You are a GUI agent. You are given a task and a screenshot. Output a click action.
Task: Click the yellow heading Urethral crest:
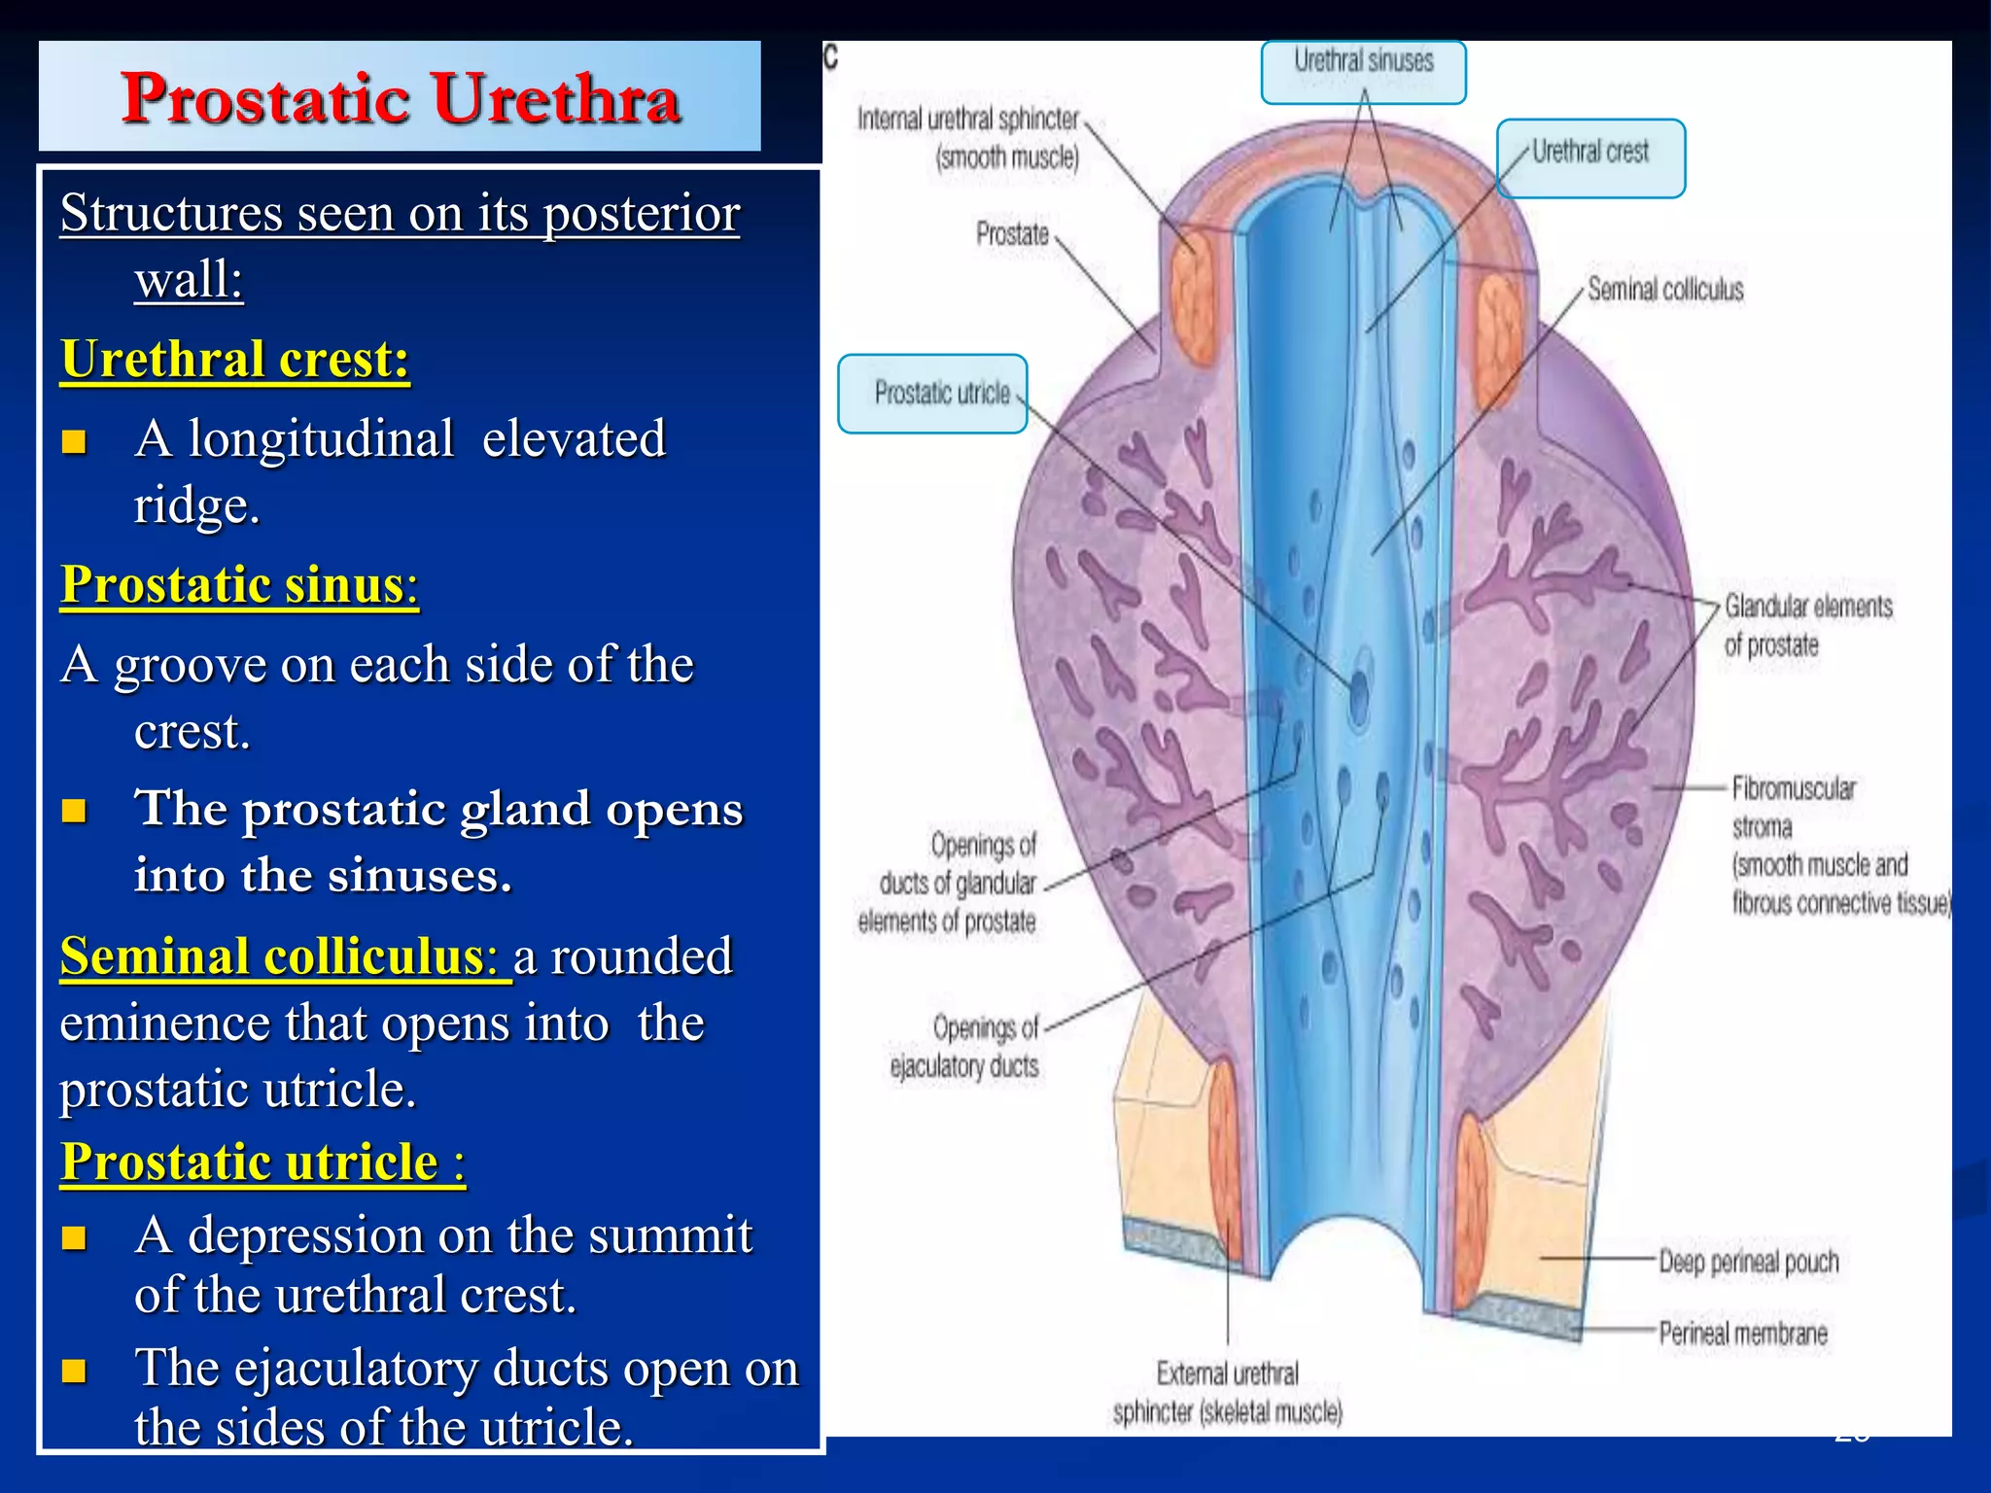(x=234, y=359)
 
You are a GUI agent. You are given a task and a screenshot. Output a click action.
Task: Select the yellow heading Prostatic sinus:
(x=239, y=585)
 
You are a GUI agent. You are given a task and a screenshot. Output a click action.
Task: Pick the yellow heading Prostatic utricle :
(x=262, y=1163)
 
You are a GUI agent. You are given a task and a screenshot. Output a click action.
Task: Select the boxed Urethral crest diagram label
(x=1590, y=156)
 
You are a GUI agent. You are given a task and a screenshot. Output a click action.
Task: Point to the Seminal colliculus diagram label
(x=1665, y=290)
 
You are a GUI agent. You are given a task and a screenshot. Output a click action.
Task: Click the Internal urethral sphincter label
(x=968, y=138)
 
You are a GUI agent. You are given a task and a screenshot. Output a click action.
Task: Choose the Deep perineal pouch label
(x=1748, y=1262)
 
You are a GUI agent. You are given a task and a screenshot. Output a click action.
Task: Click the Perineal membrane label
(x=1742, y=1333)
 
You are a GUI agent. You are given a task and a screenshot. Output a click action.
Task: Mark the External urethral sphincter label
(x=1227, y=1392)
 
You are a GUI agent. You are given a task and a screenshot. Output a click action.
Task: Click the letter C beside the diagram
(x=830, y=56)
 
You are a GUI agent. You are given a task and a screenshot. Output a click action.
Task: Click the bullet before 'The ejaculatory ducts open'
(x=74, y=1371)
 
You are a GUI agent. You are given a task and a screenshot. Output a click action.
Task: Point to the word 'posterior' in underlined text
(x=642, y=214)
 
